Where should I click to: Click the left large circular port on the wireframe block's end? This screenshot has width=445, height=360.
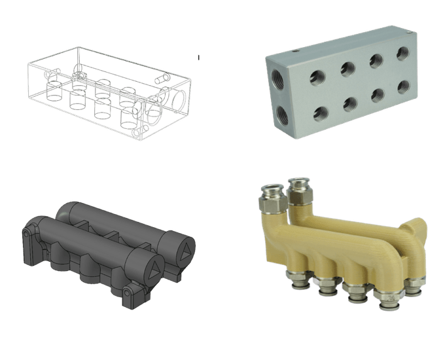click(155, 111)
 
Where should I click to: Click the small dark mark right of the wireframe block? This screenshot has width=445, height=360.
click(198, 58)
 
